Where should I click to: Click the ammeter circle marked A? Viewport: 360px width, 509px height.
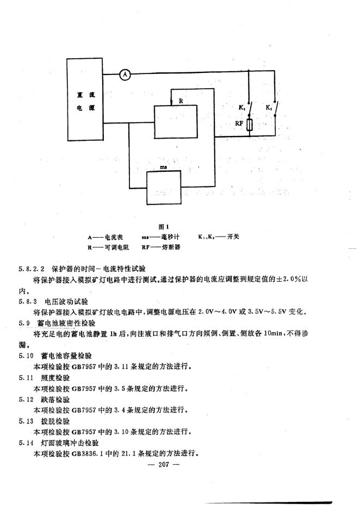[x=125, y=74]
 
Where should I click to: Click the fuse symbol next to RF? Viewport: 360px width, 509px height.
[x=249, y=125]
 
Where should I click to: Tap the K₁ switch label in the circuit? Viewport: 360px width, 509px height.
[x=241, y=108]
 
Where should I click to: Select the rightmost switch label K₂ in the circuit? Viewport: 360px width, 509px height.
[x=269, y=108]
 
